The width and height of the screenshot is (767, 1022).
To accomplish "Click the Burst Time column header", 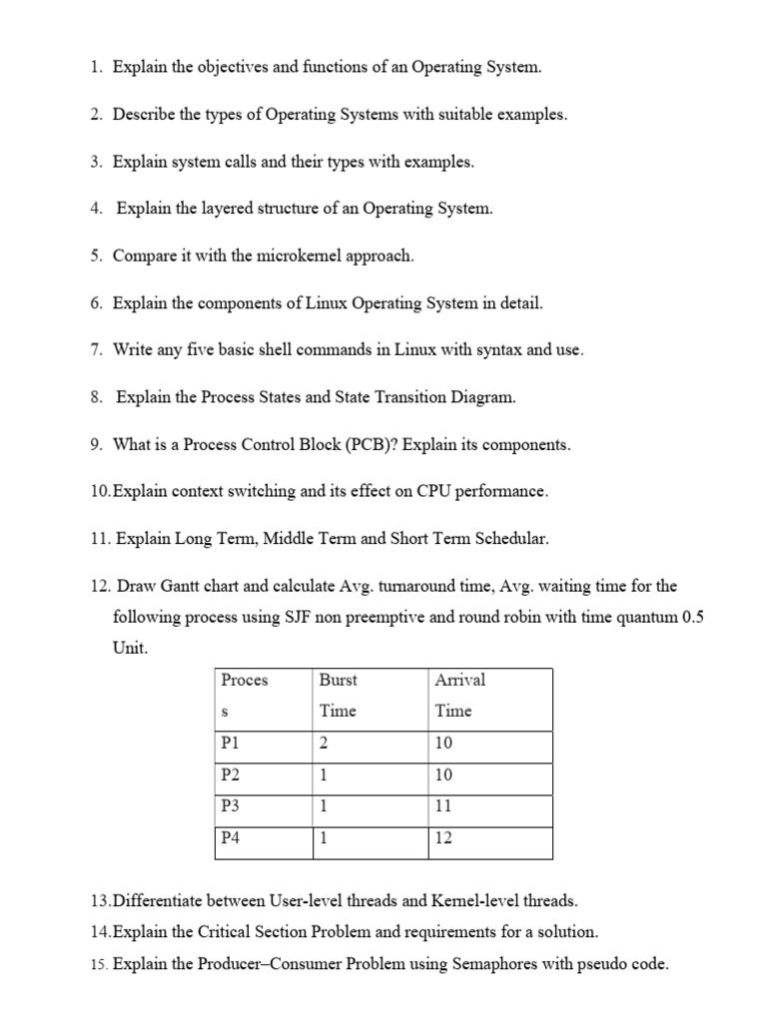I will pos(338,695).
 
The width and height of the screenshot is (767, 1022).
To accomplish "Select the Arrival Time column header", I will pos(460,695).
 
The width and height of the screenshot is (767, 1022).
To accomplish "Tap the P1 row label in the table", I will pos(231,744).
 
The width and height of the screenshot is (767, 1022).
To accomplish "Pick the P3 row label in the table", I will pos(231,806).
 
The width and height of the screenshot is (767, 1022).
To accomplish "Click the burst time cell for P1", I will pos(324,744).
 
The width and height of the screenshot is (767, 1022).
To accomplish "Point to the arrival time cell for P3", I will pos(444,806).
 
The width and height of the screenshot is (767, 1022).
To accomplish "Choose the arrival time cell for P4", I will pos(444,838).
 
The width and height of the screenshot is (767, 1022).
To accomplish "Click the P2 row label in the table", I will pos(231,775).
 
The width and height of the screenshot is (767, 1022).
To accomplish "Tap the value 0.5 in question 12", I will pos(692,617).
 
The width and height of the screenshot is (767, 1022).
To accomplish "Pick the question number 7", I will pos(96,350).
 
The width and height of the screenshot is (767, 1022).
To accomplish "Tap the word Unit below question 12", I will pos(130,648).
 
